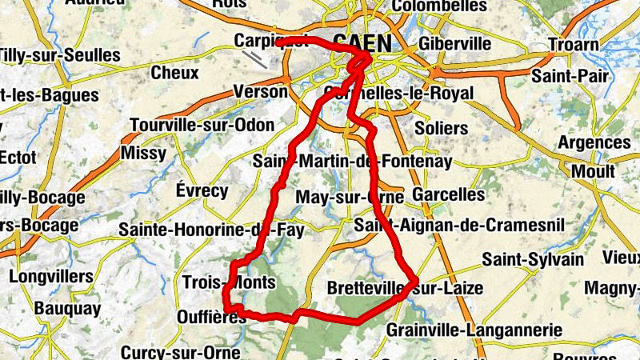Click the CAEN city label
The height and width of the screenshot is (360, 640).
[362, 42]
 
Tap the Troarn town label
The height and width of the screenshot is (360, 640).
[573, 45]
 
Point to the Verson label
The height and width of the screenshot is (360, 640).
[260, 93]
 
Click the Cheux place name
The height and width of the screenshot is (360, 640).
[174, 73]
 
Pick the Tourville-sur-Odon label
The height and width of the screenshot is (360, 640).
[202, 126]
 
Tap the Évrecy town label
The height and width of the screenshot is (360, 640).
[202, 190]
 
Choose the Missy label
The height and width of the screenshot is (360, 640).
[143, 152]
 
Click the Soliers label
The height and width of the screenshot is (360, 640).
[442, 128]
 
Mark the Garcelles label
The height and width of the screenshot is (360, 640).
[449, 194]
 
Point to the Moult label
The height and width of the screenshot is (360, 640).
[593, 171]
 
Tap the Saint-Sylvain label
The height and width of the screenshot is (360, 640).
[533, 259]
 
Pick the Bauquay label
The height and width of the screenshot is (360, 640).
[67, 308]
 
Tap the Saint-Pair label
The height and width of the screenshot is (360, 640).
[570, 77]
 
